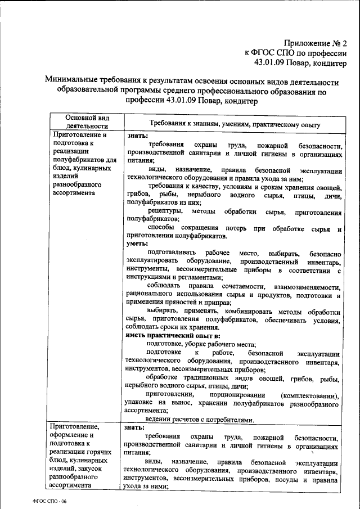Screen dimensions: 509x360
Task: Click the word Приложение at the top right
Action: click(x=309, y=42)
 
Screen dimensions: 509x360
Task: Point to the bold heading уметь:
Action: click(x=137, y=244)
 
